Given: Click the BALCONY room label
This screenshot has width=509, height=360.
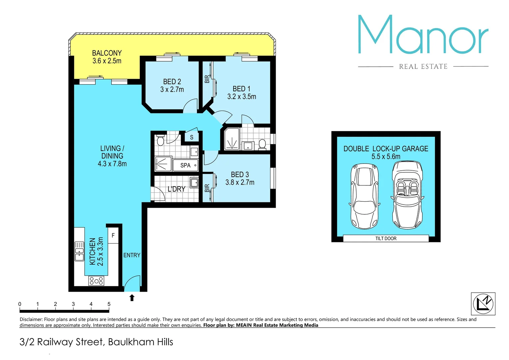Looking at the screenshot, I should click(107, 53).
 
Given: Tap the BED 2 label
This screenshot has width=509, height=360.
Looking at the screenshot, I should click(172, 82).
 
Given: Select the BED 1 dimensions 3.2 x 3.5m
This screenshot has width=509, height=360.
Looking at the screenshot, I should click(242, 97).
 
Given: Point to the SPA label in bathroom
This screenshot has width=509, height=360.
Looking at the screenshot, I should click(185, 165).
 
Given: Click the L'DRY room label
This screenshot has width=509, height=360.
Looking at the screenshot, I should click(176, 189).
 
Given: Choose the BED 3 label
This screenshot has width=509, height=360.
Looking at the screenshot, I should click(240, 175).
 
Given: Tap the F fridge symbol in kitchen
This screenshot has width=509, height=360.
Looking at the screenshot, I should click(113, 236).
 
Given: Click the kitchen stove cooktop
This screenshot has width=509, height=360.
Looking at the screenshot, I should click(96, 281).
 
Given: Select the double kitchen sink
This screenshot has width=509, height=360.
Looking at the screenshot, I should click(79, 251).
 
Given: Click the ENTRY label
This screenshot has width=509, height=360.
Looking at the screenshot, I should click(132, 255).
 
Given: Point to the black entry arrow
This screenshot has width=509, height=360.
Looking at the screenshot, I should click(132, 298).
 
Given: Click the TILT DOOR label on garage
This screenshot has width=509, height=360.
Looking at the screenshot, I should click(386, 238).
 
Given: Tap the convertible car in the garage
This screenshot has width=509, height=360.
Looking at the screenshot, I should click(407, 195).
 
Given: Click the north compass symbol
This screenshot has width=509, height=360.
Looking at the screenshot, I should click(483, 304).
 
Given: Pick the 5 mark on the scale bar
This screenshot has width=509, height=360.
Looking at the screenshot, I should click(109, 304).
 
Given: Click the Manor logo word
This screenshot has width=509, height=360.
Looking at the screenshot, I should click(423, 35).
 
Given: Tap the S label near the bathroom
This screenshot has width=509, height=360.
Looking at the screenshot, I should click(192, 137).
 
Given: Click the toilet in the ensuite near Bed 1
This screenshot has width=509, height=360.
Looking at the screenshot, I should click(262, 144).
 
